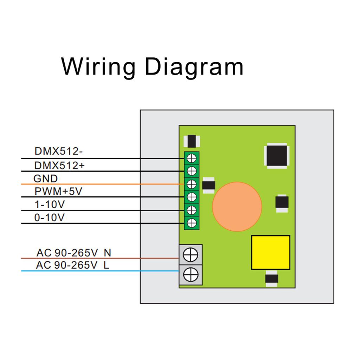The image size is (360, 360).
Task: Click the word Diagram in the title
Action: (194, 66)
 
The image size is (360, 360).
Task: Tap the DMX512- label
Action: (58, 152)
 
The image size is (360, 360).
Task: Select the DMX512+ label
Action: (59, 165)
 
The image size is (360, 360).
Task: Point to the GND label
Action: (45, 179)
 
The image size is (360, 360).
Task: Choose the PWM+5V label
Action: (58, 192)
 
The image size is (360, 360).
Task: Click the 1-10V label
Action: (50, 205)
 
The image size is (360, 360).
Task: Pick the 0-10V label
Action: (49, 218)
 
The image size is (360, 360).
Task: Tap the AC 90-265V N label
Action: (73, 253)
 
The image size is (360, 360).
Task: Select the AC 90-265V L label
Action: (72, 265)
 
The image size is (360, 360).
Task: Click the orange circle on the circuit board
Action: (237, 206)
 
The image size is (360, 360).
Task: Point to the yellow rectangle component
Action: (270, 252)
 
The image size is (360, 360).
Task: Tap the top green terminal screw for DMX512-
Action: (192, 158)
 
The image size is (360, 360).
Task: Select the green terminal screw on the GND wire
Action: (192, 184)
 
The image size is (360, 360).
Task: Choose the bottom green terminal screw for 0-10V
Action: (192, 223)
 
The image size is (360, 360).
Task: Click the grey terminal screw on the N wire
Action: (191, 255)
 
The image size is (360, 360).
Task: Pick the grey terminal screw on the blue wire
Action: (191, 274)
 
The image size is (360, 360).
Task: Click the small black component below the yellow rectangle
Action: (271, 278)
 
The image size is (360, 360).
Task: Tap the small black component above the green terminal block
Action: (192, 141)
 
